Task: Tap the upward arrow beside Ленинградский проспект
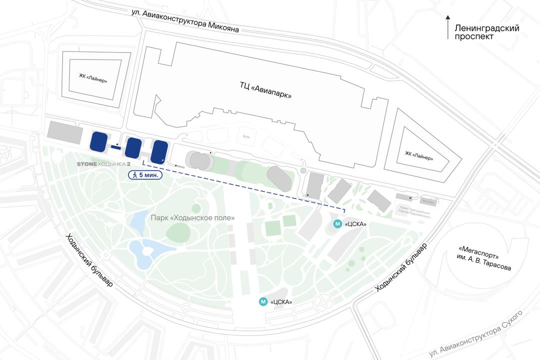(448, 27)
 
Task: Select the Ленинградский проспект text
(486, 32)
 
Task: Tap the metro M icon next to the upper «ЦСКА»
(337, 224)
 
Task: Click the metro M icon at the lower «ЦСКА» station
(262, 301)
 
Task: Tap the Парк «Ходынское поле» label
(192, 218)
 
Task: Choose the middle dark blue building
(133, 147)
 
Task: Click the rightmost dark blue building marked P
(159, 151)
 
